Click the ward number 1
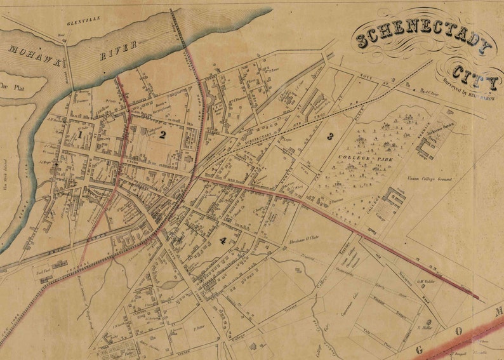coord(81,135)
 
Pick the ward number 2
coord(162,134)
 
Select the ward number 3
coord(329,136)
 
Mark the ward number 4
coord(223,240)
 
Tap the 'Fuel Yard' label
coord(43,269)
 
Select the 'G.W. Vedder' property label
coord(424,283)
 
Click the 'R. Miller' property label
coord(425,328)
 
